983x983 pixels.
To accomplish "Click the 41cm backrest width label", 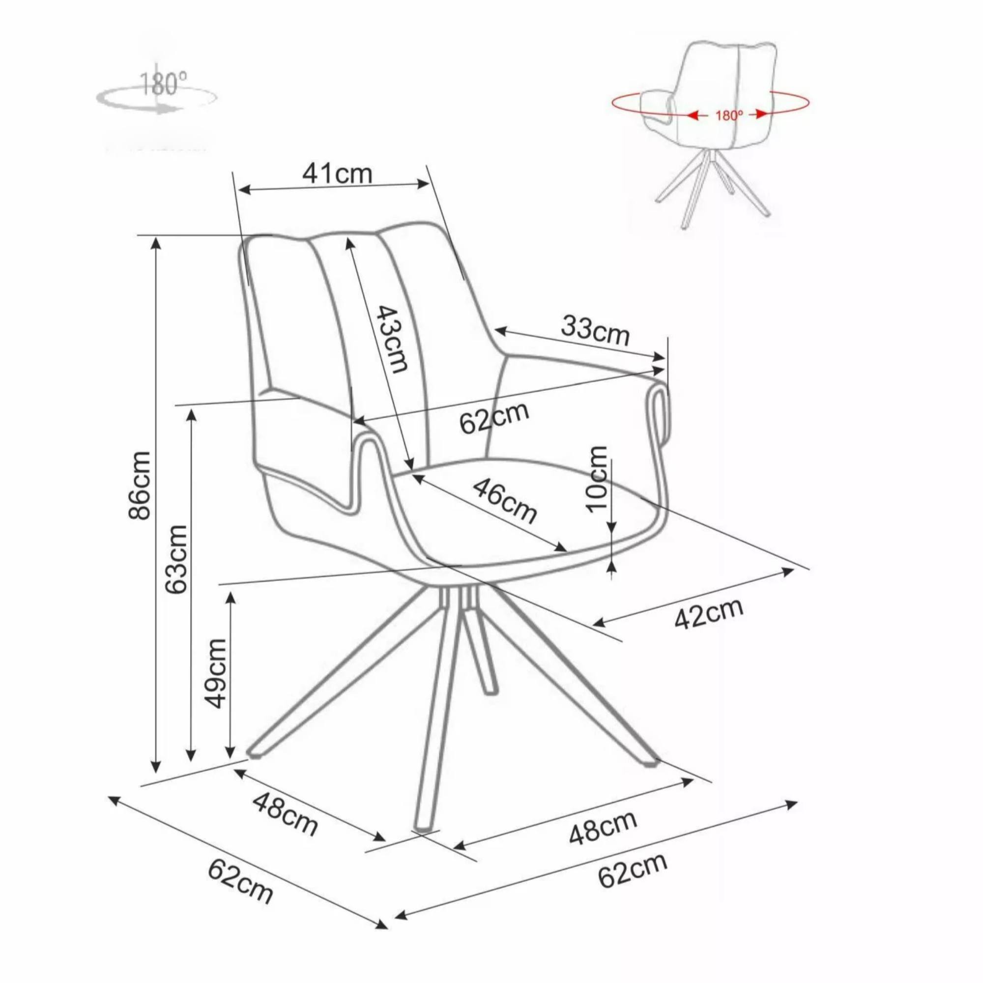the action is [x=337, y=174].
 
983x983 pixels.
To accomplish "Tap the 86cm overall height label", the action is [x=140, y=485].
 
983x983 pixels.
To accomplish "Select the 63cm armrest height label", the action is [x=176, y=558].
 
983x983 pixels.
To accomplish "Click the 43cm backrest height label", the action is [x=392, y=339].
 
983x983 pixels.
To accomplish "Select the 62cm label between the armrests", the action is [x=494, y=418].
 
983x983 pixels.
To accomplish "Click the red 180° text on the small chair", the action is [x=729, y=115].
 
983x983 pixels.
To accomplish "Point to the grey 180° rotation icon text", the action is [x=163, y=84].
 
